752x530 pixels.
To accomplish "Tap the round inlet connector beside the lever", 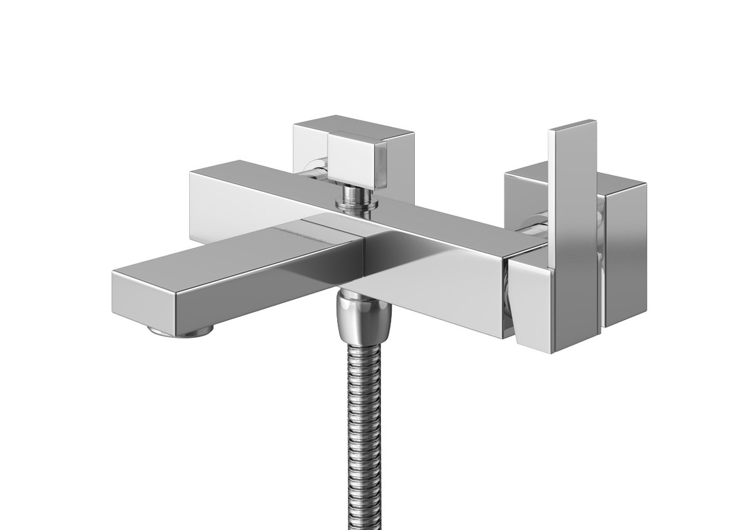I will [x=536, y=226].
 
